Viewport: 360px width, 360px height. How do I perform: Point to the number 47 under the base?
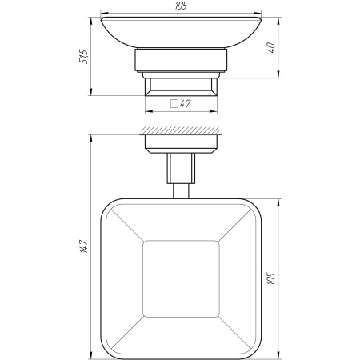pos(186,104)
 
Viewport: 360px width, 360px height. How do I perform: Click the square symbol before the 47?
pos(174,104)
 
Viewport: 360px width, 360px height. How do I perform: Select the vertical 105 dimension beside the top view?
pos(271,278)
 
